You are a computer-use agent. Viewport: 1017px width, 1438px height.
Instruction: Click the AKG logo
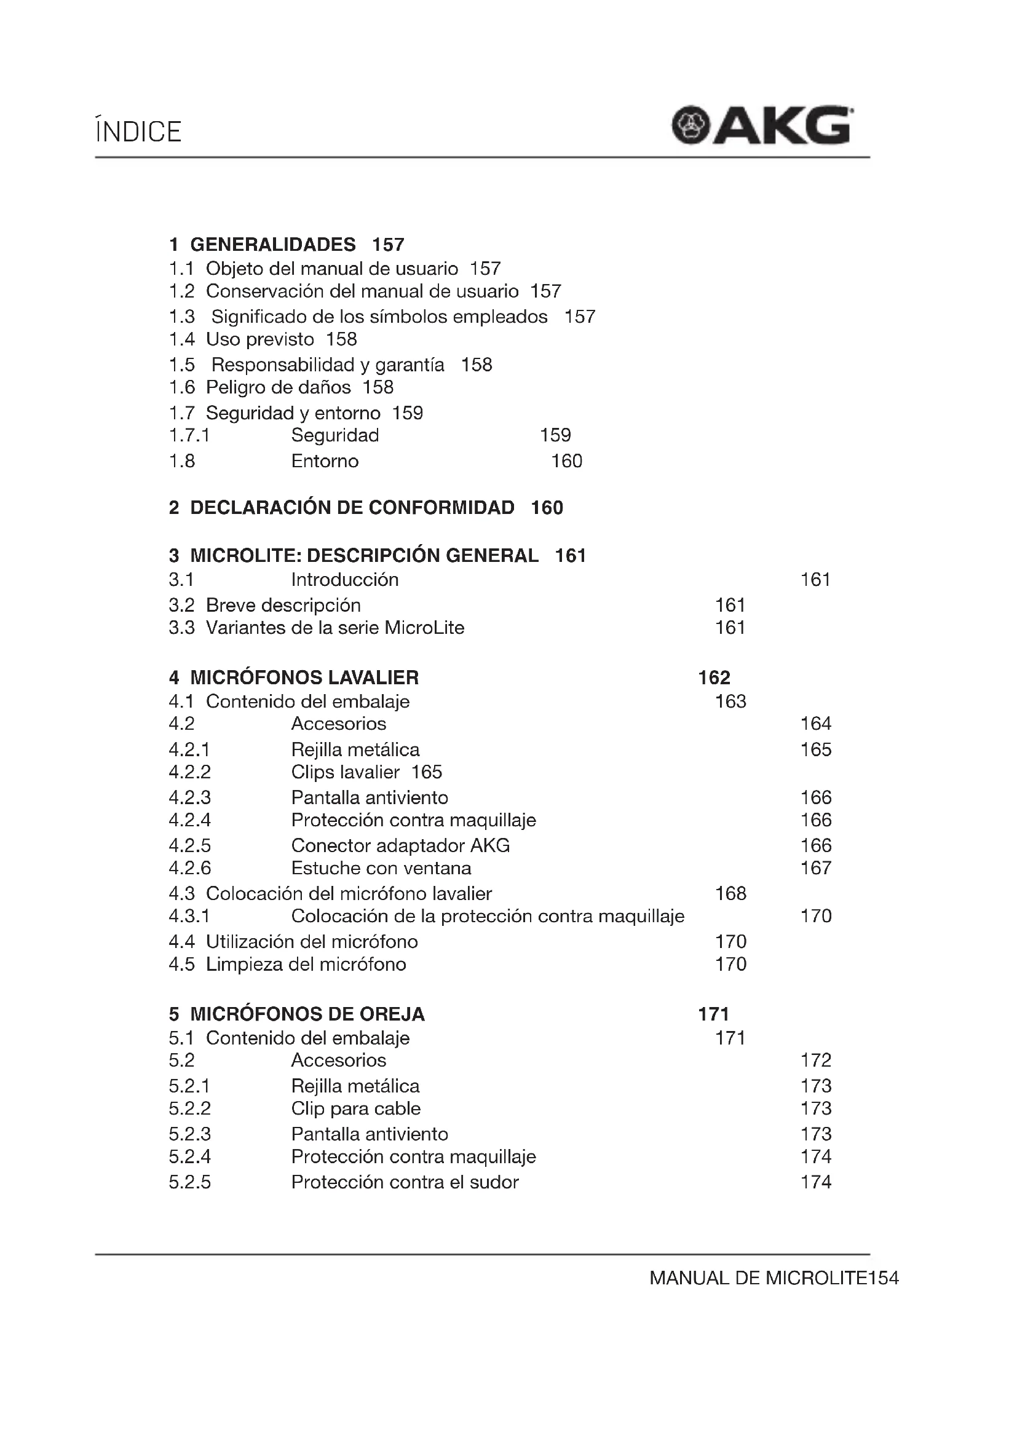point(762,126)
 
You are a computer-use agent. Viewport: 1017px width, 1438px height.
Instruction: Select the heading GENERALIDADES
point(272,244)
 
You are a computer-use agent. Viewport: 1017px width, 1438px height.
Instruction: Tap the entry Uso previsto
point(259,339)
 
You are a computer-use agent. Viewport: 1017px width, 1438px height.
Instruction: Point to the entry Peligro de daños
point(278,388)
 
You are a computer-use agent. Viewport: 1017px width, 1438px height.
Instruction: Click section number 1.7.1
point(189,435)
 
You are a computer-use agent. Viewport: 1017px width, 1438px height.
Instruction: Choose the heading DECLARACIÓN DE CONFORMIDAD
point(352,507)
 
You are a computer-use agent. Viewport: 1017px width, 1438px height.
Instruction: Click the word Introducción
point(344,580)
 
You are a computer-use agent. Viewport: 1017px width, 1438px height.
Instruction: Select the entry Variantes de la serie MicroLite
point(335,628)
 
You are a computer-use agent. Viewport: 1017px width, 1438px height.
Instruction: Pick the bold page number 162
point(714,678)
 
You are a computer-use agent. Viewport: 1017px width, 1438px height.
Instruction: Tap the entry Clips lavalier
point(345,772)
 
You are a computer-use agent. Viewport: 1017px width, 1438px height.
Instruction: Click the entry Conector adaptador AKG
point(400,845)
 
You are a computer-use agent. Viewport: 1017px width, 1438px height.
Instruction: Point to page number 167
point(815,868)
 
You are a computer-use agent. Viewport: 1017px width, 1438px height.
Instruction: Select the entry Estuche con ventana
point(381,868)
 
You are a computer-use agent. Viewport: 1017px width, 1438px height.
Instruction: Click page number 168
point(730,894)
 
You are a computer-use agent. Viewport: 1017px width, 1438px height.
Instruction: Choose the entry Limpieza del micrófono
point(306,964)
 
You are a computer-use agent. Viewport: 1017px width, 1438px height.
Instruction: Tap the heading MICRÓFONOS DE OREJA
point(307,1014)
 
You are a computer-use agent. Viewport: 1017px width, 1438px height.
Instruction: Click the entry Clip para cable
point(355,1108)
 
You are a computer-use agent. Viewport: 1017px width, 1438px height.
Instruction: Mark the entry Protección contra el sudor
point(405,1182)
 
